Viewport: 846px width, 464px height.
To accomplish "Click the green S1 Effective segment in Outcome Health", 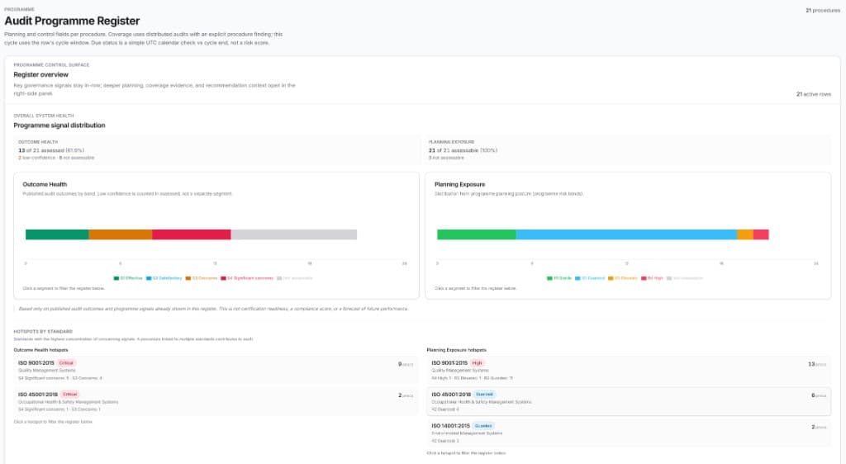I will pyautogui.click(x=57, y=234).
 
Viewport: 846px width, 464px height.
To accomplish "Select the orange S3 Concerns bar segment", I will pyautogui.click(x=120, y=234).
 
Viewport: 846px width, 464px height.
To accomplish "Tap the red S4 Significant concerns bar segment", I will pyautogui.click(x=191, y=234).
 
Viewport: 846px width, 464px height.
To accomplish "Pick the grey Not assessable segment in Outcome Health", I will pyautogui.click(x=293, y=234).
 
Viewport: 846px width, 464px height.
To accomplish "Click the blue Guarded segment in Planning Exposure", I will pyautogui.click(x=625, y=234).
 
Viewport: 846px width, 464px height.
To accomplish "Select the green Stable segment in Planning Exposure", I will pyautogui.click(x=476, y=234).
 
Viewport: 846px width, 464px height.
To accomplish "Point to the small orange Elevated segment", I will pyautogui.click(x=744, y=234).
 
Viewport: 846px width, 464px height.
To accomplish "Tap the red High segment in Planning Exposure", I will pyautogui.click(x=761, y=234).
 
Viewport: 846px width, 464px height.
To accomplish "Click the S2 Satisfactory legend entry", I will pyautogui.click(x=166, y=278).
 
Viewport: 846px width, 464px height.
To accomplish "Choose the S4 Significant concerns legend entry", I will pyautogui.click(x=250, y=278).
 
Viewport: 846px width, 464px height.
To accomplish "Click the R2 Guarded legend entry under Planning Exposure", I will pyautogui.click(x=592, y=278).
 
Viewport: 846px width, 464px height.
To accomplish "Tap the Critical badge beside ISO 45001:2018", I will pyautogui.click(x=69, y=395).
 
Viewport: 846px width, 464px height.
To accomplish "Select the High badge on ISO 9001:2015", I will pyautogui.click(x=478, y=363).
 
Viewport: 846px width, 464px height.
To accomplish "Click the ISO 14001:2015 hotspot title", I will pyautogui.click(x=450, y=426).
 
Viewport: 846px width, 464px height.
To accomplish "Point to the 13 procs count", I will pyautogui.click(x=817, y=363).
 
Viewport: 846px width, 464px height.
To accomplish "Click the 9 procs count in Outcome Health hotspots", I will pyautogui.click(x=406, y=363).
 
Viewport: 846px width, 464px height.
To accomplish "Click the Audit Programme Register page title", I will pyautogui.click(x=72, y=21).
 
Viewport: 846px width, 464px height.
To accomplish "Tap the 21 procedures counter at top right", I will pyautogui.click(x=823, y=10).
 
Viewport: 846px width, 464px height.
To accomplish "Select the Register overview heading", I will pyautogui.click(x=40, y=74).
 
